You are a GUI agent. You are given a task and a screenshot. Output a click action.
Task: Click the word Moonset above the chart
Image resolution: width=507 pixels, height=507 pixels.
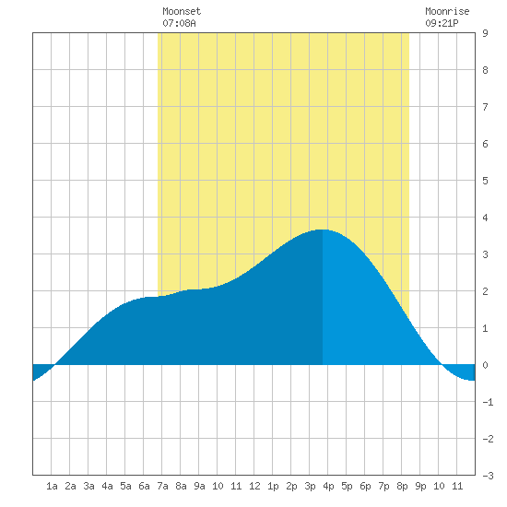pyautogui.click(x=182, y=11)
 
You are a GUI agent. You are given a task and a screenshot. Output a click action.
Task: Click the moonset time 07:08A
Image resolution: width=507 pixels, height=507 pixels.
pyautogui.click(x=179, y=23)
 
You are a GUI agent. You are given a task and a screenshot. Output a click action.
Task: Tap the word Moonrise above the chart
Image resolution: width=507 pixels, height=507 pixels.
pyautogui.click(x=447, y=11)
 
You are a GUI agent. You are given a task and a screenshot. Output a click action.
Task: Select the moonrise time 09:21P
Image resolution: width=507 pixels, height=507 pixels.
pyautogui.click(x=442, y=23)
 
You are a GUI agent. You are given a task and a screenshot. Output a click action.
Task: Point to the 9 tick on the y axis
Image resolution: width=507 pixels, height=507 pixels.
pyautogui.click(x=485, y=33)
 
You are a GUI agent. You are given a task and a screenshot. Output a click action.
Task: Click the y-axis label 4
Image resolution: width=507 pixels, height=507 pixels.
pyautogui.click(x=485, y=218)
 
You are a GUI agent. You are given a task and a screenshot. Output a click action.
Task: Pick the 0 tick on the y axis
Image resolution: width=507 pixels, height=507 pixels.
pyautogui.click(x=485, y=365)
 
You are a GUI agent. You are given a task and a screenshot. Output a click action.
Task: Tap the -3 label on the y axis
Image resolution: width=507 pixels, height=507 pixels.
pyautogui.click(x=488, y=476)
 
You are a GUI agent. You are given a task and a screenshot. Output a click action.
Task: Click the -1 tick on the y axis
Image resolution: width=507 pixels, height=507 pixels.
pyautogui.click(x=488, y=402)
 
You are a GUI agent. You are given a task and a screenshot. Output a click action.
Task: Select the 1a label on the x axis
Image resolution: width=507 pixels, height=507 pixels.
pyautogui.click(x=52, y=486)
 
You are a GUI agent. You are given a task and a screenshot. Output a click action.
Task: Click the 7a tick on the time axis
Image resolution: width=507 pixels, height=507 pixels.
pyautogui.click(x=162, y=486)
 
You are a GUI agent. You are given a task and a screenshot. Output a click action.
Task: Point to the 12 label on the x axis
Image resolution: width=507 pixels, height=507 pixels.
pyautogui.click(x=254, y=486)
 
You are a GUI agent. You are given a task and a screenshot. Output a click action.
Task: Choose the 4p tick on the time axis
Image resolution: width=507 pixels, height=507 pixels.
pyautogui.click(x=328, y=486)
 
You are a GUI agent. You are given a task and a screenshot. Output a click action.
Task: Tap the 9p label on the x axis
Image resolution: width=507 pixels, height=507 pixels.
pyautogui.click(x=420, y=486)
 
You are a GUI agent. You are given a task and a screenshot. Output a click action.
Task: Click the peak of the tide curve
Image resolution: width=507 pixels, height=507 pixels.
pyautogui.click(x=323, y=230)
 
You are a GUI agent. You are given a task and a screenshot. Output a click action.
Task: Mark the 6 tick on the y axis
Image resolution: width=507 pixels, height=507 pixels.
pyautogui.click(x=485, y=144)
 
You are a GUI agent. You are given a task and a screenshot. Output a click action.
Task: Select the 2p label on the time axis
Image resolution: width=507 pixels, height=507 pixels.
pyautogui.click(x=291, y=486)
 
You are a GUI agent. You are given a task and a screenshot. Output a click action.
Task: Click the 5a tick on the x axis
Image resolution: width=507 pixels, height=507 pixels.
pyautogui.click(x=125, y=486)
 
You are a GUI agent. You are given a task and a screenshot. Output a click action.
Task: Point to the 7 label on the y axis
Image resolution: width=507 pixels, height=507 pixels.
pyautogui.click(x=485, y=107)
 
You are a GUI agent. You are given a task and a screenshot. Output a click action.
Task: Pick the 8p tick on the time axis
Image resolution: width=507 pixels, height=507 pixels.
pyautogui.click(x=402, y=486)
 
